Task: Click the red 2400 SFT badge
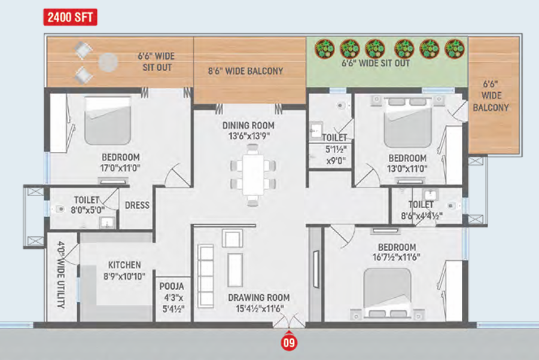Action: coord(70,17)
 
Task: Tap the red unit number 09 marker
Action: coord(289,342)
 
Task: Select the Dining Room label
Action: coord(248,130)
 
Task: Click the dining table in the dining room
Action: coord(253,175)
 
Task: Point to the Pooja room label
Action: coord(172,297)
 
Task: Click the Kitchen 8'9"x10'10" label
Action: coord(124,271)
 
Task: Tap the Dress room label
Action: coord(137,206)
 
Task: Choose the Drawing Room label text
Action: coord(259,303)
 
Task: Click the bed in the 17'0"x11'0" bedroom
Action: coord(108,120)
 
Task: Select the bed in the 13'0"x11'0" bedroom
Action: coord(407,123)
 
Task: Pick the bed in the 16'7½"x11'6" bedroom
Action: coord(388,292)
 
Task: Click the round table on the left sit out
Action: coord(108,63)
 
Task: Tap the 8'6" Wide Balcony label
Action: coord(245,71)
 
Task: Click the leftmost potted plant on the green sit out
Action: coord(324,49)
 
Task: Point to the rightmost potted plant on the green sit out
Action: coord(455,49)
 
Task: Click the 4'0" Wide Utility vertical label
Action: coord(61,275)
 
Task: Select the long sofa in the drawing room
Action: coord(206,276)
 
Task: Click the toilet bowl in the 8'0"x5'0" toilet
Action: coord(59,209)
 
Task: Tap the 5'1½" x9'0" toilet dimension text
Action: coord(336,154)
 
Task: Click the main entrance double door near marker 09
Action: coord(289,321)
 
